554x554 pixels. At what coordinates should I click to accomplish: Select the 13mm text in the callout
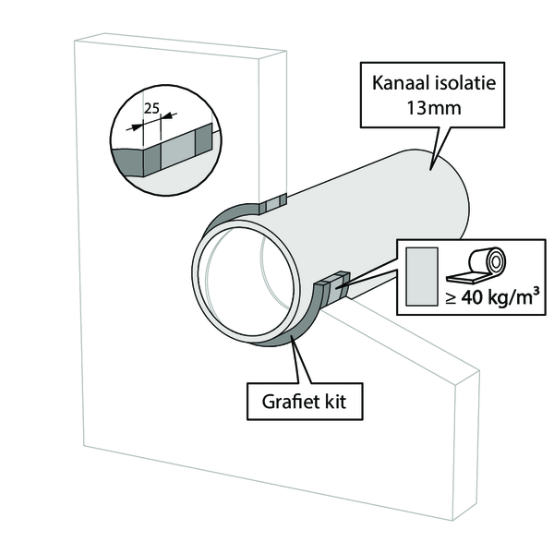click(434, 108)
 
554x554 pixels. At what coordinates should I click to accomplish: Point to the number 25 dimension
click(151, 108)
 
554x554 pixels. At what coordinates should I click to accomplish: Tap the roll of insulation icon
click(476, 265)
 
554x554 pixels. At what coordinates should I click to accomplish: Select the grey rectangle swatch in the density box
click(422, 276)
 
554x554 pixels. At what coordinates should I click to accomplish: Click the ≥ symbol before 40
click(451, 299)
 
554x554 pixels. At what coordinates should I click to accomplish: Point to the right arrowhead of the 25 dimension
click(166, 115)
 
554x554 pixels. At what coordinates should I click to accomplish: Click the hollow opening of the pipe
click(246, 282)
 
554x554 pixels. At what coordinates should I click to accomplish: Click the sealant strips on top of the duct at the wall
click(272, 204)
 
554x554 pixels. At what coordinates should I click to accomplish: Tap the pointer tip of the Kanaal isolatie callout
click(430, 170)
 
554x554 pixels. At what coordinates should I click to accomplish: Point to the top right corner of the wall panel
click(286, 52)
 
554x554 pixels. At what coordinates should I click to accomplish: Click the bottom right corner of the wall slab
click(452, 521)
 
